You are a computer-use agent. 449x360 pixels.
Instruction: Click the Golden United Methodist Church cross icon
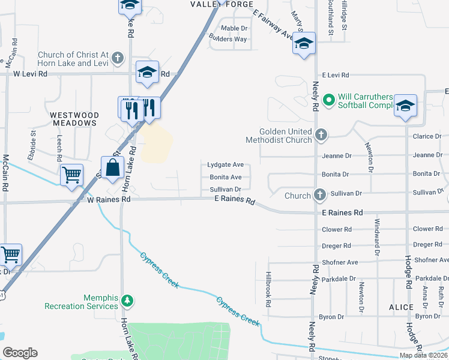coord(321,134)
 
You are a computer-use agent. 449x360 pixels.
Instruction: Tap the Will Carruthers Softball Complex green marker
coord(329,100)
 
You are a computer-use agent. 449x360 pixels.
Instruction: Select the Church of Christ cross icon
coord(117,58)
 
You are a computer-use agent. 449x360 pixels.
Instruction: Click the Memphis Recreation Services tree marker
coord(126,299)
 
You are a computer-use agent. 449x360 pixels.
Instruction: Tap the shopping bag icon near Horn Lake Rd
coord(113,168)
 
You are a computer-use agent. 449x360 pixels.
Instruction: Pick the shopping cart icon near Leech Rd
coord(71,175)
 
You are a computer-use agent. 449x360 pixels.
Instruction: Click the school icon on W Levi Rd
coord(147,72)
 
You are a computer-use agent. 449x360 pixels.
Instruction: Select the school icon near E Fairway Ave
coord(304,43)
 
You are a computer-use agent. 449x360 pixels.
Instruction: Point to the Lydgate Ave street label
coord(225,164)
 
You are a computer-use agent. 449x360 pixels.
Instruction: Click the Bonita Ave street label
coord(225,177)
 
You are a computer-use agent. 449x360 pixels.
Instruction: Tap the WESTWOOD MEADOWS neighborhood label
coord(73,118)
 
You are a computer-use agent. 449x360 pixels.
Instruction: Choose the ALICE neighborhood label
coord(401,307)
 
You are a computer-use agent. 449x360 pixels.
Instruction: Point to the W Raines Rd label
coord(109,199)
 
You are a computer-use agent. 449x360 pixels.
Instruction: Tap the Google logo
coord(20,353)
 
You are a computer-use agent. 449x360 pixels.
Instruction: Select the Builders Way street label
coord(228,39)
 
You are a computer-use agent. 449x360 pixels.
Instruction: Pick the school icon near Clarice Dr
coord(405,105)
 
